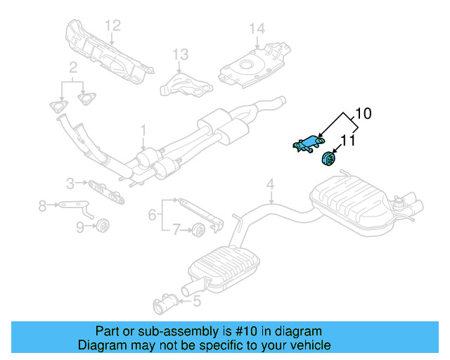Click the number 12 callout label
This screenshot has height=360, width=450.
[x=113, y=25]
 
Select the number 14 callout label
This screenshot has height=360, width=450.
[x=257, y=29]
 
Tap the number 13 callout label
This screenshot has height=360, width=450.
[x=181, y=54]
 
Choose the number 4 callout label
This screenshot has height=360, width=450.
[x=269, y=185]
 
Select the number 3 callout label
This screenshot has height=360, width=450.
[x=70, y=184]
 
